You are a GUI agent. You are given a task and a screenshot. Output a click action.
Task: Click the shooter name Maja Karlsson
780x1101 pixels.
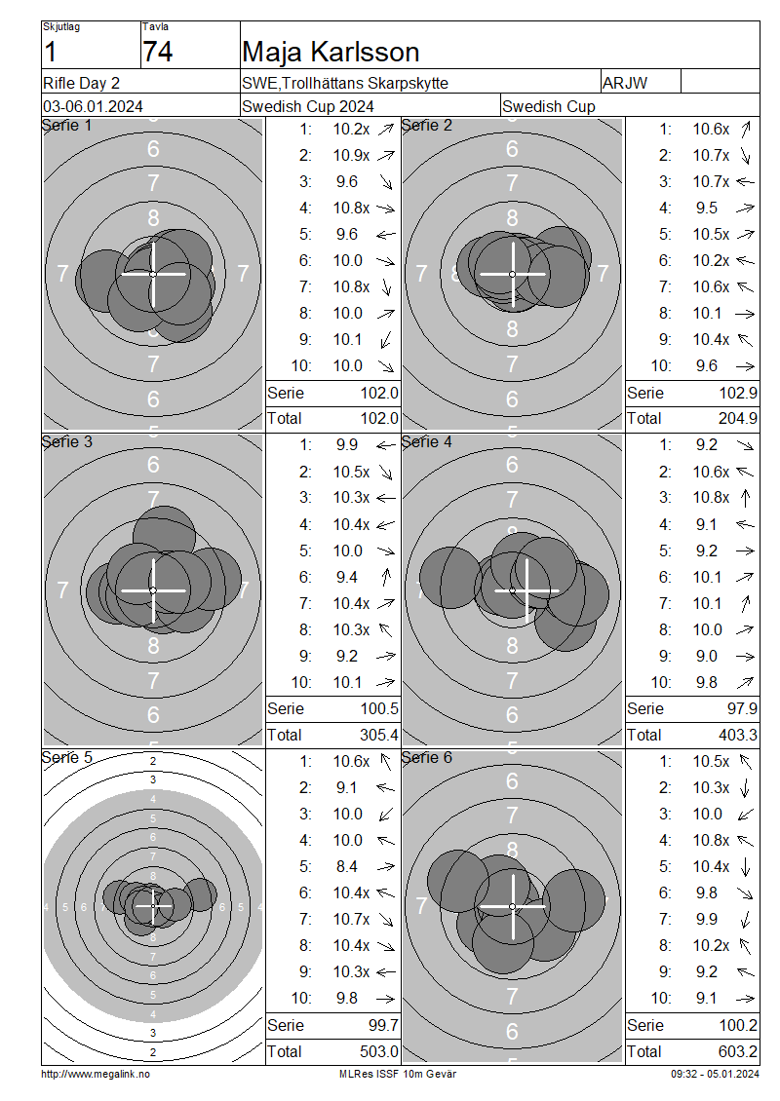(x=331, y=52)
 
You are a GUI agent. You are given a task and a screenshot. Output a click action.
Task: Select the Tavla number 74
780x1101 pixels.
(x=157, y=52)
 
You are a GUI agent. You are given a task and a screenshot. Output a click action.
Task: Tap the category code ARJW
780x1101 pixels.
(x=625, y=83)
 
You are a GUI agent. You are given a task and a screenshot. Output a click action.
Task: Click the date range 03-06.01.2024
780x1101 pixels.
(x=93, y=107)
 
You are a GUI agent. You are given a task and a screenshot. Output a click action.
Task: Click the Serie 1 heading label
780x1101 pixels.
(x=66, y=126)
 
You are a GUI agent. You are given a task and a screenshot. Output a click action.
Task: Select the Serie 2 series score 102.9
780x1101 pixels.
(x=738, y=394)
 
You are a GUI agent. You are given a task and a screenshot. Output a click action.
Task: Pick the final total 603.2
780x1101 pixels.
(x=738, y=1052)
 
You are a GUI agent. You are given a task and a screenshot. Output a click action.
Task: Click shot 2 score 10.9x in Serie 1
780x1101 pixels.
(x=351, y=155)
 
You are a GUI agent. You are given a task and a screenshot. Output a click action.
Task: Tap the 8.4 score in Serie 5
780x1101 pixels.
(x=346, y=866)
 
